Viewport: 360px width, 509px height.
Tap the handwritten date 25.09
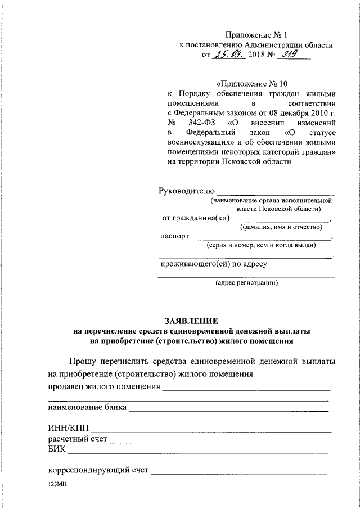[225, 55]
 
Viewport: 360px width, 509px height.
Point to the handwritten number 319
[280, 55]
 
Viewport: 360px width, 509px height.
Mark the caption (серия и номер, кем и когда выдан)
[261, 245]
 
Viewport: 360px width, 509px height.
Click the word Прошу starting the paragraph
[83, 361]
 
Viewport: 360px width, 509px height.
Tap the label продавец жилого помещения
[104, 387]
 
